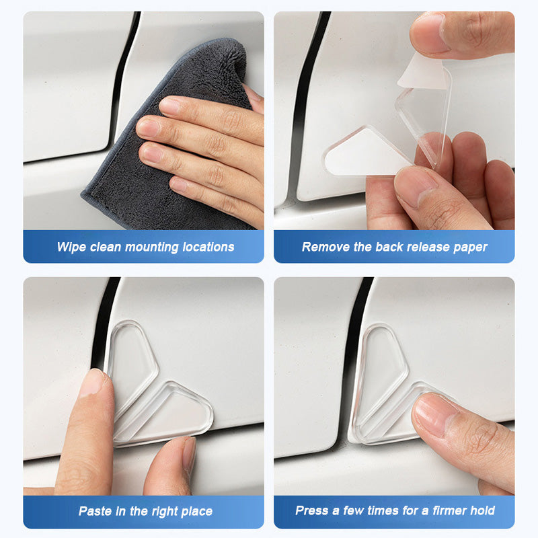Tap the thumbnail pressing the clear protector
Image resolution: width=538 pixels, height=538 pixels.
pos(433,413)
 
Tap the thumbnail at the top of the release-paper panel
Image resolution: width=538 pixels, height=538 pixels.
pos(427,34)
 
